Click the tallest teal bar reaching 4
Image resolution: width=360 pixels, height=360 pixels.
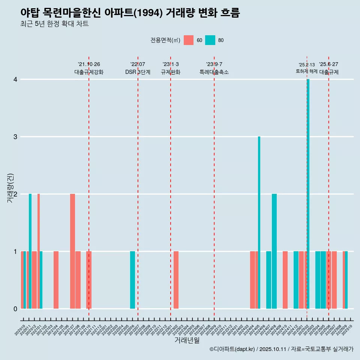(x=308, y=194)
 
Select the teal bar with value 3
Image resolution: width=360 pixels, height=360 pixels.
(x=259, y=222)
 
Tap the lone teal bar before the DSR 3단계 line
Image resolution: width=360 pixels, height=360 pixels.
(x=132, y=280)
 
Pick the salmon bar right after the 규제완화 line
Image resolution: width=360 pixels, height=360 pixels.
(x=176, y=280)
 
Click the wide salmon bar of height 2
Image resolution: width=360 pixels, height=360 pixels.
(x=72, y=251)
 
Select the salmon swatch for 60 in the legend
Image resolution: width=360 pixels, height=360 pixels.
(x=189, y=40)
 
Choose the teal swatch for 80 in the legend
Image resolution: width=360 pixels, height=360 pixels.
(x=210, y=40)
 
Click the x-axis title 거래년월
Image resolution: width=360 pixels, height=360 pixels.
(x=187, y=340)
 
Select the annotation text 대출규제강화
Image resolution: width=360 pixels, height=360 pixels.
(x=89, y=72)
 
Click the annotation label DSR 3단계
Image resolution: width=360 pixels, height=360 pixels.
(x=138, y=72)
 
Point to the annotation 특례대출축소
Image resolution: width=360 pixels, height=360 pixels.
(x=214, y=72)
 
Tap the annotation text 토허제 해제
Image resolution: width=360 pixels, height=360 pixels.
(x=306, y=71)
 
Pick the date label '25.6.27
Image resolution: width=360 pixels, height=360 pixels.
(x=328, y=64)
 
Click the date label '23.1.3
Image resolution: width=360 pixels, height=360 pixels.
(x=171, y=64)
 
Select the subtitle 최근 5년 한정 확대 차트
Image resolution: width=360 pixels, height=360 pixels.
(x=54, y=24)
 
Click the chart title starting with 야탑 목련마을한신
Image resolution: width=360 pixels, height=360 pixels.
(x=130, y=13)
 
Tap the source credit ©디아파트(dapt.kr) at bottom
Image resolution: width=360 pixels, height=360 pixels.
(x=281, y=349)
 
